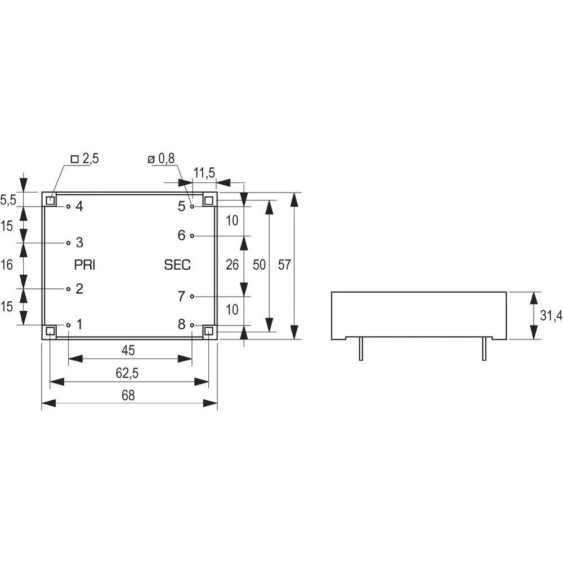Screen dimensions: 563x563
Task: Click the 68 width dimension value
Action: tap(128, 396)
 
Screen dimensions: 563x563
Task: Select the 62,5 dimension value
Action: tap(128, 373)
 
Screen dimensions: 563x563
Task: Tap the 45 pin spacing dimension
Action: tap(128, 350)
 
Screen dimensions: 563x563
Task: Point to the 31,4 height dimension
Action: tap(551, 316)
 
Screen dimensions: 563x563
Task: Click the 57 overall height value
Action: tap(285, 265)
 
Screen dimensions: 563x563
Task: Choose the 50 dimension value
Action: tap(259, 265)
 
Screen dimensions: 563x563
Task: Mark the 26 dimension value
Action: tap(232, 265)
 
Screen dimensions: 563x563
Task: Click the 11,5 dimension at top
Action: tap(204, 173)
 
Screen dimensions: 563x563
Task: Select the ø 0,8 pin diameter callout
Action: tap(162, 159)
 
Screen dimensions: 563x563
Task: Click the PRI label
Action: tap(84, 265)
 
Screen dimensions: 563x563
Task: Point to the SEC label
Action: tap(177, 265)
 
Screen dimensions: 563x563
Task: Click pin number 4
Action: tap(79, 207)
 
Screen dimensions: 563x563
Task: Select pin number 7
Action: tap(181, 296)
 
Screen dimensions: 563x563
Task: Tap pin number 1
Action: tap(79, 324)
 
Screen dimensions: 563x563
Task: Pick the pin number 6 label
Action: tap(181, 235)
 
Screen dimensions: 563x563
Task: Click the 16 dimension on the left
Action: tap(7, 265)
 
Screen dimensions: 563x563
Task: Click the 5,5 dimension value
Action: tap(7, 199)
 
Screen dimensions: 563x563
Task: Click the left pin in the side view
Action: tap(360, 349)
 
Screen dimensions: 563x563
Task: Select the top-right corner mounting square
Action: tap(209, 200)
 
